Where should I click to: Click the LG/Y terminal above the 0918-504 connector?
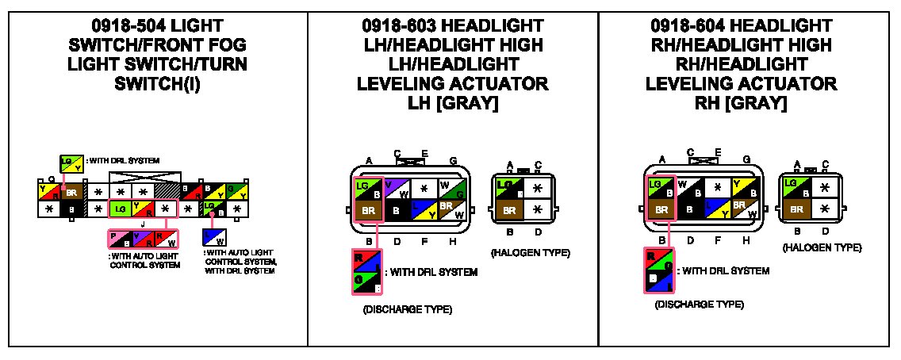[x=72, y=163]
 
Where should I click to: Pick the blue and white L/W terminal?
[x=214, y=236]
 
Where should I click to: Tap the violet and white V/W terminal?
[x=397, y=189]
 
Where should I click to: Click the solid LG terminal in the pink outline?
[x=119, y=209]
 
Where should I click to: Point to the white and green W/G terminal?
[x=452, y=189]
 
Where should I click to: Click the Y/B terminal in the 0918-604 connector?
[x=743, y=189]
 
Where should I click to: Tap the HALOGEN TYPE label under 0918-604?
[x=822, y=248]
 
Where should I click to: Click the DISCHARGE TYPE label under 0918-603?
[x=402, y=308]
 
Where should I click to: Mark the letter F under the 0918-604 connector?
[x=718, y=239]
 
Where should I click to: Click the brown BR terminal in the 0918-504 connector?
[x=72, y=191]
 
